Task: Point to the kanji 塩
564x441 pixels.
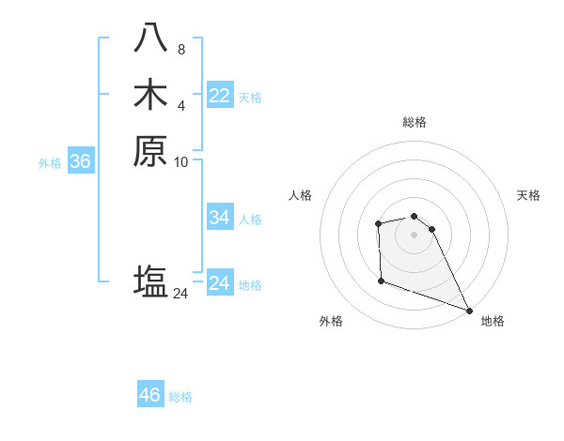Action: click(x=150, y=281)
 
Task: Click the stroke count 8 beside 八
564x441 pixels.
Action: click(x=181, y=49)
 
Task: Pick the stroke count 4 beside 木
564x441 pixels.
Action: click(x=181, y=104)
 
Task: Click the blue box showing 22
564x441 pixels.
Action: click(x=220, y=96)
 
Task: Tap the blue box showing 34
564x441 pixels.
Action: click(x=220, y=218)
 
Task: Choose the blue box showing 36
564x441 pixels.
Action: click(x=81, y=161)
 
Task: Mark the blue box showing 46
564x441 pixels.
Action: click(x=150, y=395)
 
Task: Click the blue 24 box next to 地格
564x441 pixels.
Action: click(x=220, y=283)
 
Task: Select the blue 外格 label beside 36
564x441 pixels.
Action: click(x=50, y=162)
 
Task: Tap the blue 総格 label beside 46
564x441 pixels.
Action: click(x=180, y=397)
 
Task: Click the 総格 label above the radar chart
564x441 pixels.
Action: click(x=415, y=122)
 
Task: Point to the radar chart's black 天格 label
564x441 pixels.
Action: click(x=528, y=195)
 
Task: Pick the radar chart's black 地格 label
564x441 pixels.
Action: click(x=493, y=322)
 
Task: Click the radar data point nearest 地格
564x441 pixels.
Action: click(x=469, y=311)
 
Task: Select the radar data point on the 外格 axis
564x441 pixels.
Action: click(x=381, y=281)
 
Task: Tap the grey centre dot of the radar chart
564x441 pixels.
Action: click(x=415, y=234)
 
